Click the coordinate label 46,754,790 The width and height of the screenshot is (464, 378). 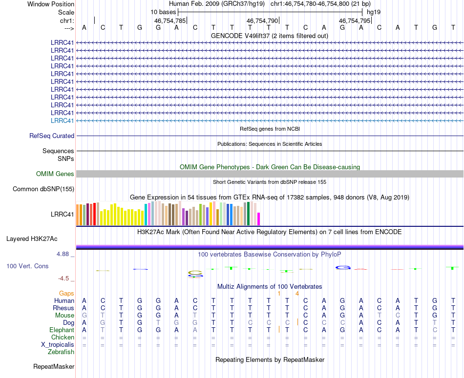click(x=262, y=21)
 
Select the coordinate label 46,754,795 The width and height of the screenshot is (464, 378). click(x=355, y=21)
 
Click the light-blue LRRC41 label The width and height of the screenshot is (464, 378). click(x=63, y=120)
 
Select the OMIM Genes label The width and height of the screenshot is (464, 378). click(x=55, y=174)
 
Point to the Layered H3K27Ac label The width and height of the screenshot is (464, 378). click(x=32, y=239)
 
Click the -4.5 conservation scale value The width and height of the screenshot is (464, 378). click(x=64, y=279)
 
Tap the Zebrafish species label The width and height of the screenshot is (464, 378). click(x=61, y=352)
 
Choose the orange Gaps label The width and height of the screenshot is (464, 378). click(x=66, y=294)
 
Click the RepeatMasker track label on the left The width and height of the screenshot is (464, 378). click(x=54, y=366)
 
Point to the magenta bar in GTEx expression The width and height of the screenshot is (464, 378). click(x=259, y=219)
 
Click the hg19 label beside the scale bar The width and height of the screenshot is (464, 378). click(x=374, y=12)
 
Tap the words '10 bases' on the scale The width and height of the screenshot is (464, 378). click(x=163, y=12)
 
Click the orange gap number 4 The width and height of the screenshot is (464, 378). click(x=297, y=294)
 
